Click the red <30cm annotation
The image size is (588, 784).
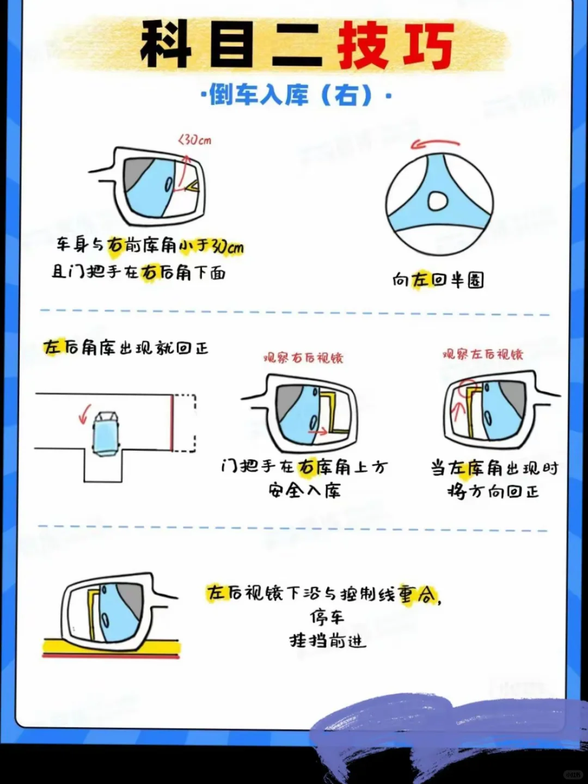tap(195, 140)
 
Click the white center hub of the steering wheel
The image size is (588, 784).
tap(438, 201)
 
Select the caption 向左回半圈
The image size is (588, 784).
tap(438, 280)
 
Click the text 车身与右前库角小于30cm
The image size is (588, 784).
tap(150, 246)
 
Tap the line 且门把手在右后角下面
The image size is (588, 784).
tap(138, 272)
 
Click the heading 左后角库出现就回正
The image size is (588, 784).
tap(126, 347)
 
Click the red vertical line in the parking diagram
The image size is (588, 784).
tap(172, 422)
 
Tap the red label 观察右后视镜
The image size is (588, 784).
tap(303, 358)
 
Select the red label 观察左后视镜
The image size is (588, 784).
tap(482, 354)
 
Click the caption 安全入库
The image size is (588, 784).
tap(304, 491)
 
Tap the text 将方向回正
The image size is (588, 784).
tap(493, 492)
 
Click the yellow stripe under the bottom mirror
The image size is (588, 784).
tap(112, 647)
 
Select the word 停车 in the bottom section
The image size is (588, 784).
tap(327, 617)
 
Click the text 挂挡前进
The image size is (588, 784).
tap(327, 641)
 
